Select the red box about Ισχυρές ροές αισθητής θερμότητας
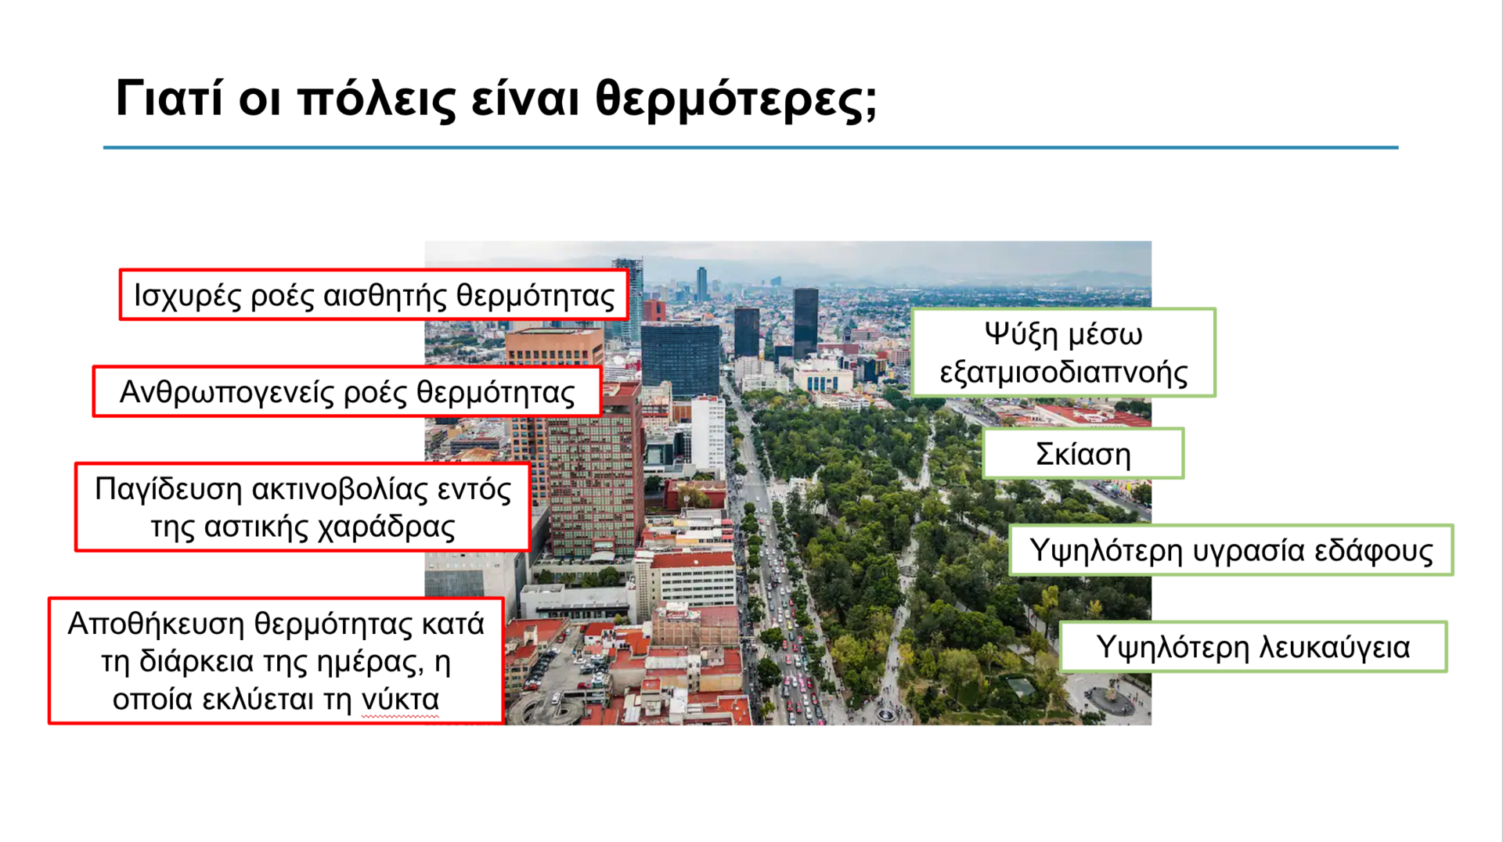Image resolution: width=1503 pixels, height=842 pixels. (x=374, y=295)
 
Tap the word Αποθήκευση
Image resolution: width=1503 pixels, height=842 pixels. (x=156, y=624)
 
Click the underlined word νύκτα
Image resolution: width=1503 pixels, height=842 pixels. (x=400, y=700)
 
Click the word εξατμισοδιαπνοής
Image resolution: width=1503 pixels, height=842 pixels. (x=1064, y=372)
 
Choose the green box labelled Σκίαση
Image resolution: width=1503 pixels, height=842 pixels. (x=1083, y=453)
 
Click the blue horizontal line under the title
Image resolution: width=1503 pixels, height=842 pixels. (x=751, y=147)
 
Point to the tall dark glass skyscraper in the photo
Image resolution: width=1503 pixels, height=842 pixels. (x=806, y=321)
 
